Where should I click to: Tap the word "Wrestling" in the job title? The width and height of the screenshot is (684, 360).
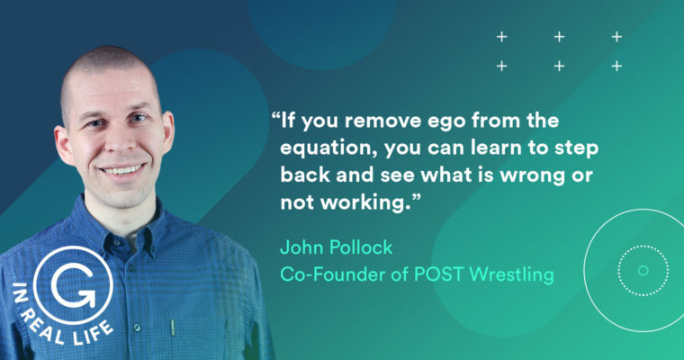coord(512,274)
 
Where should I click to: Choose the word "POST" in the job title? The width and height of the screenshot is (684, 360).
coord(438,274)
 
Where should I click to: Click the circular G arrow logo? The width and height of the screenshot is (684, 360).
coord(73,286)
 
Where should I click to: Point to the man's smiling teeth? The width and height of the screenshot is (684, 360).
coord(122,169)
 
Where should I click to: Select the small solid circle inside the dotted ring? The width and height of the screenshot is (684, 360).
coord(643,271)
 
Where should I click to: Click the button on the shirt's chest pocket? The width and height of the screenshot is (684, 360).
coord(137,328)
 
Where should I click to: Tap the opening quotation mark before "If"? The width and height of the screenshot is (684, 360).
coord(275,116)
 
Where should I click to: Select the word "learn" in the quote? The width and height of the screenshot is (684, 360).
coord(496,148)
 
